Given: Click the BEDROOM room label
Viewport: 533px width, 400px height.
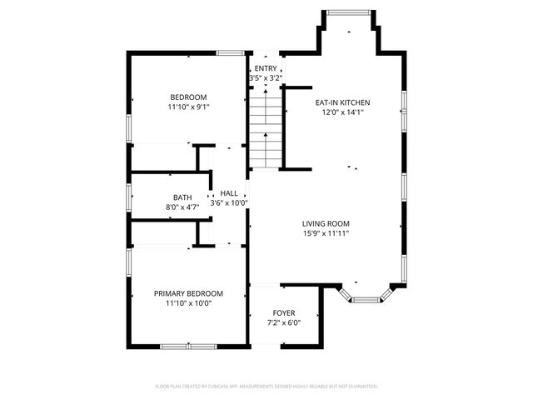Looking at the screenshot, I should click(189, 97).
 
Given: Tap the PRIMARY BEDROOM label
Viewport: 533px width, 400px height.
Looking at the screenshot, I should click(189, 293).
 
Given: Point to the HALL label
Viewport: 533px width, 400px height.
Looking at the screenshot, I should click(229, 193).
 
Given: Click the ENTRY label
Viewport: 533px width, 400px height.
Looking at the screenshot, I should click(266, 68).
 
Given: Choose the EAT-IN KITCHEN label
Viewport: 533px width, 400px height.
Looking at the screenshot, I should click(342, 102).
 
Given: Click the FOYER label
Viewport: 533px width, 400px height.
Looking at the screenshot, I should click(283, 313).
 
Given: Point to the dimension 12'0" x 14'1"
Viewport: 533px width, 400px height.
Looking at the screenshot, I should click(342, 112).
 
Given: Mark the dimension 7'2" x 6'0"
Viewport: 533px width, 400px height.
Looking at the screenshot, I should click(283, 322).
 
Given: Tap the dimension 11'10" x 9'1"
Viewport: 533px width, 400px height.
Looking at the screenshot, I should click(189, 107).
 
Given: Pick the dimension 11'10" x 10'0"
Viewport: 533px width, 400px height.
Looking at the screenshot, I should click(189, 303).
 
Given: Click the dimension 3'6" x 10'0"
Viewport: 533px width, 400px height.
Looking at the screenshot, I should click(229, 202).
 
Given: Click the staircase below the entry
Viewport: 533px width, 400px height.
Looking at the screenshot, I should click(266, 129).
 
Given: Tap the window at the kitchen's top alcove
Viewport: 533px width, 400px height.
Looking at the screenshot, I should click(350, 12).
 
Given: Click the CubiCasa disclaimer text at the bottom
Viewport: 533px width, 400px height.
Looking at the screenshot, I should click(266, 386).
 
